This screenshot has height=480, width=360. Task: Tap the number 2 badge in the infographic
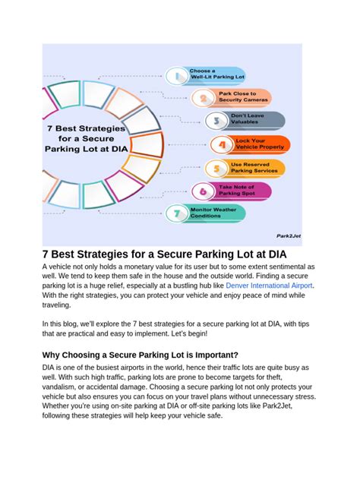click(x=201, y=97)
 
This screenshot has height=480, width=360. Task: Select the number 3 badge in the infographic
click(x=216, y=121)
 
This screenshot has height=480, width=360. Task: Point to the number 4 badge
click(x=223, y=144)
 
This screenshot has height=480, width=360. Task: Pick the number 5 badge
click(x=216, y=168)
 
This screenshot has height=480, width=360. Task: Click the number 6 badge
click(x=201, y=191)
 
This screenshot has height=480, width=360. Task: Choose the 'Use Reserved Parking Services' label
click(x=254, y=168)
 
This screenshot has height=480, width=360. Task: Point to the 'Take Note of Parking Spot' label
click(x=237, y=191)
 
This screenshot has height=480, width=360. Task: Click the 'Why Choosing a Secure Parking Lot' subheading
click(x=140, y=354)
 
